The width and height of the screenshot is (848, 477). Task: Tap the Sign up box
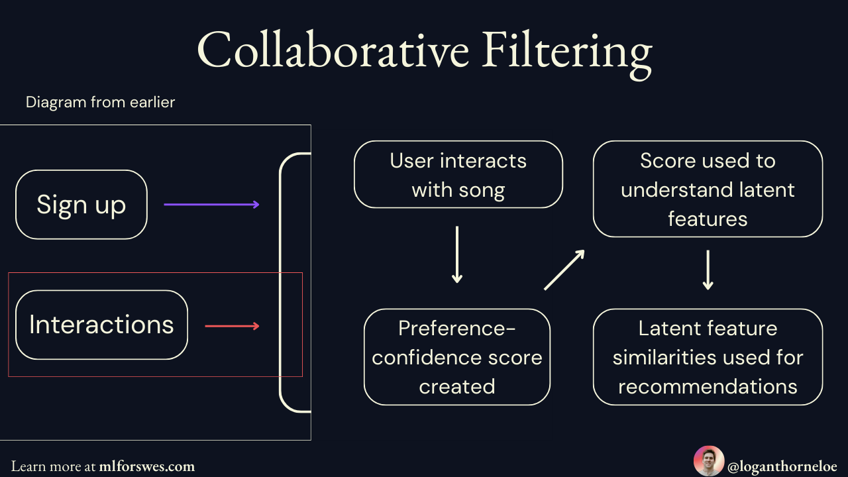(81, 205)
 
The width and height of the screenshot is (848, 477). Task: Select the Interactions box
(101, 325)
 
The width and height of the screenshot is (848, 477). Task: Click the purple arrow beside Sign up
(211, 205)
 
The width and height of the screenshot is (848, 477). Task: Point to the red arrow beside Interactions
(232, 326)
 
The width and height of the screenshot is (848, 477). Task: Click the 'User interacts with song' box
(458, 175)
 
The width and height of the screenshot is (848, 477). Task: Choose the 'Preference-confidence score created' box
(457, 357)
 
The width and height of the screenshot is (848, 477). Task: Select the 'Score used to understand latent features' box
(708, 189)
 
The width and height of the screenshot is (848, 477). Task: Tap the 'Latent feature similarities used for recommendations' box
(708, 357)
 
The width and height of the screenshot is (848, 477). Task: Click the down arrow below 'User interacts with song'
(456, 255)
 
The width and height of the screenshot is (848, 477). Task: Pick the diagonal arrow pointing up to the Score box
(564, 270)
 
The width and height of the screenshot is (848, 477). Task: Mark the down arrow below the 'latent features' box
(708, 270)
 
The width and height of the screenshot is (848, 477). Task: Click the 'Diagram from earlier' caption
(100, 102)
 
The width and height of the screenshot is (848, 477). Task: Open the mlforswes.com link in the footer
(146, 466)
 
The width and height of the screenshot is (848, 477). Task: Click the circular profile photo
(708, 461)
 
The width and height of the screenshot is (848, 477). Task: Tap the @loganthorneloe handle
(782, 466)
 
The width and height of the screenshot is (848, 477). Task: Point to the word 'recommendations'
(708, 386)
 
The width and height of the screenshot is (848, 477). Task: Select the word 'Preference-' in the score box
(457, 328)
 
